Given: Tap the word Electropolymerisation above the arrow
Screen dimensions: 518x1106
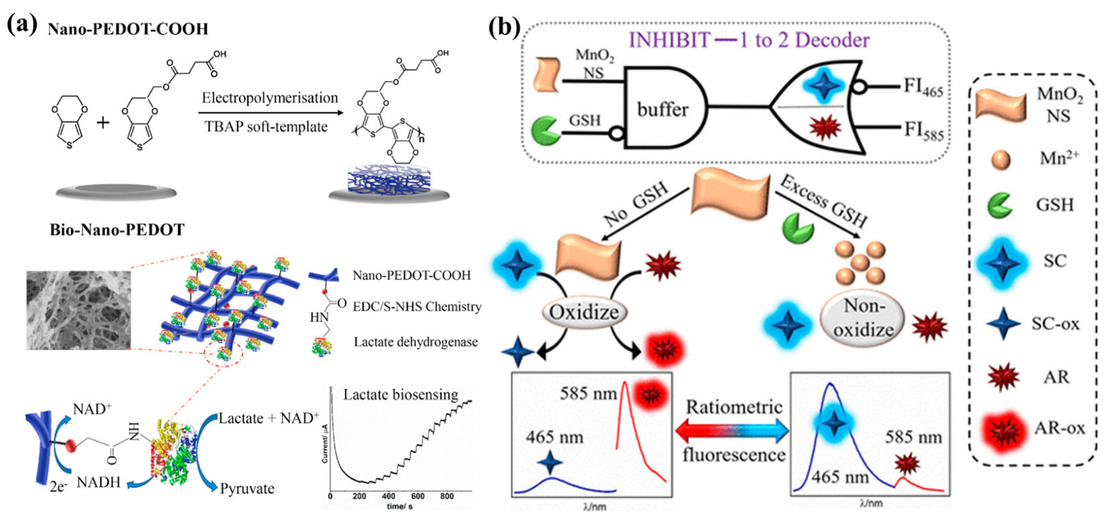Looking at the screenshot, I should tap(269, 98).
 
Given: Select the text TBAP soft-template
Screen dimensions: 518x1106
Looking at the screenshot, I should tap(266, 127).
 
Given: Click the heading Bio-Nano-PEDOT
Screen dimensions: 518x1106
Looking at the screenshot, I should tap(117, 229).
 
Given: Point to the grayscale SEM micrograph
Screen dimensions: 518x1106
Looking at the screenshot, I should tap(79, 310).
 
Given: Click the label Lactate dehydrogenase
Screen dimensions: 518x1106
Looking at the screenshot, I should tap(416, 342).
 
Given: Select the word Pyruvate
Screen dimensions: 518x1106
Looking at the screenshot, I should tap(247, 489).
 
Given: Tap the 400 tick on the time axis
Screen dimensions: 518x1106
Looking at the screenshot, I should tap(388, 496).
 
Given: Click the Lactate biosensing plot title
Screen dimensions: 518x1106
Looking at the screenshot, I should tap(401, 394).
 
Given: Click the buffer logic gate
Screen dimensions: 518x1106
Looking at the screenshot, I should tap(661, 108).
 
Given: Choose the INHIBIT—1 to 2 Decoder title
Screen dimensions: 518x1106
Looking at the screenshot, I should tap(748, 40).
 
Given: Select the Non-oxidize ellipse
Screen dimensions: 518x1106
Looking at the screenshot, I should tap(863, 319).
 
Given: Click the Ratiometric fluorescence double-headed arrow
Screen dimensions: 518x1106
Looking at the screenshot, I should tap(732, 431).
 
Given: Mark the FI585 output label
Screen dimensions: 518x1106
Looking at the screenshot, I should tap(923, 130).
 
